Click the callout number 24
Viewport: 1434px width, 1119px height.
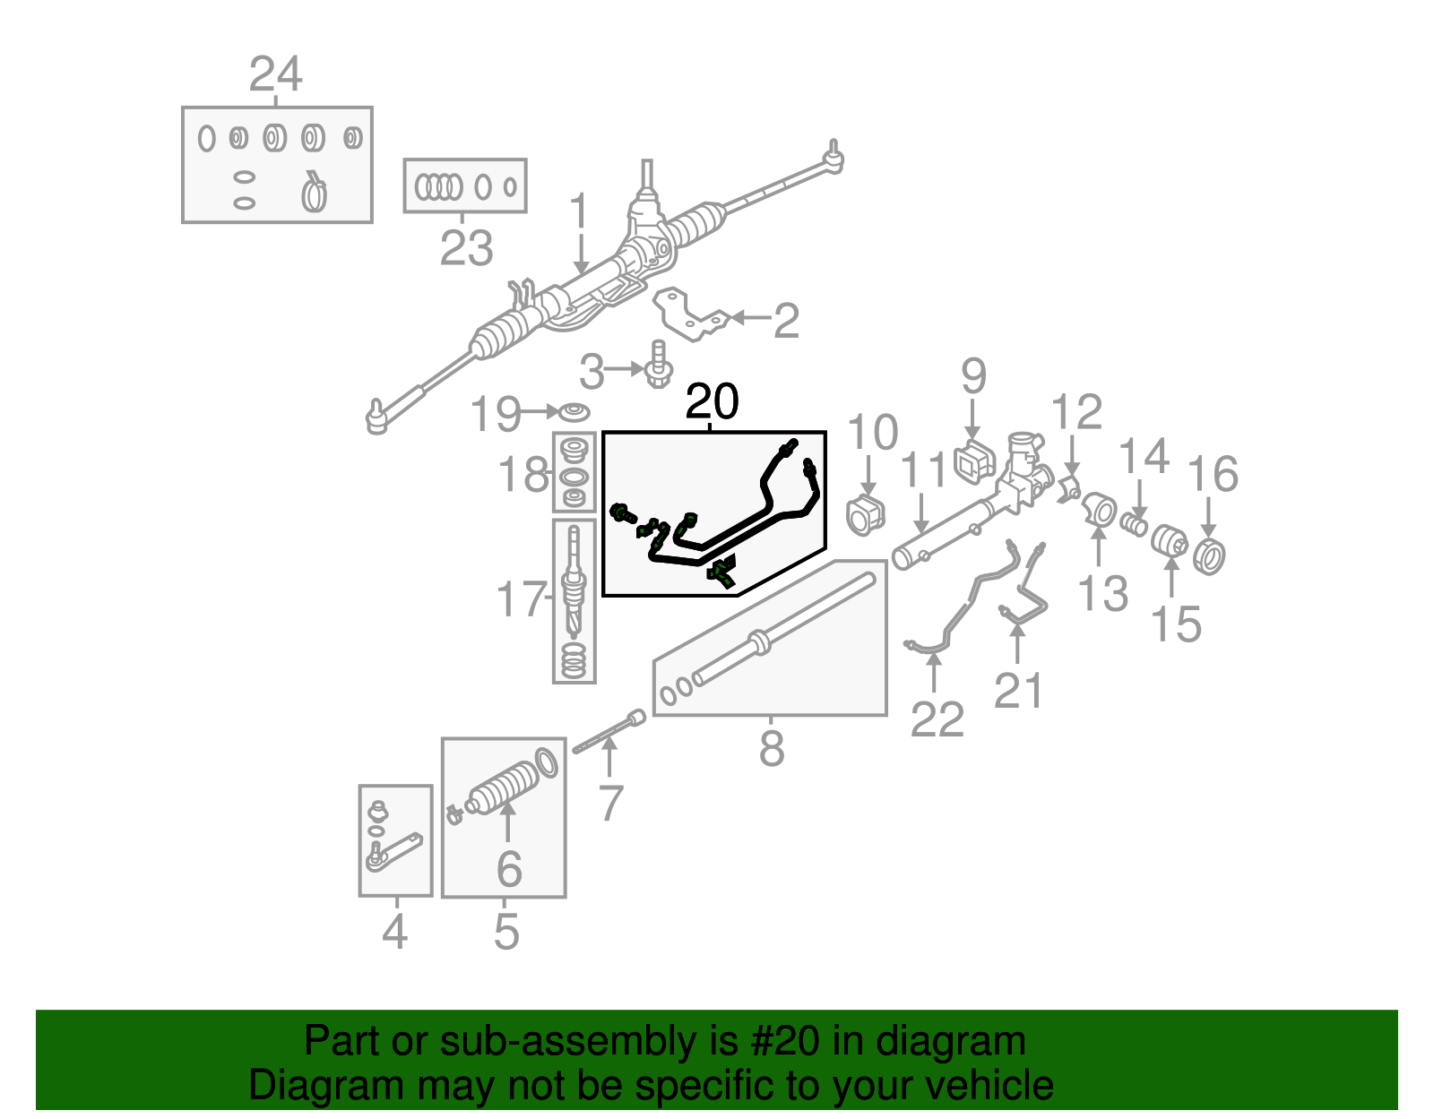(275, 74)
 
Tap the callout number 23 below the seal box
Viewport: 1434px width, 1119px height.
(466, 248)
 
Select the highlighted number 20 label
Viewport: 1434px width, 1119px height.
(712, 402)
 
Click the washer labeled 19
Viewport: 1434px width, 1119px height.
(573, 412)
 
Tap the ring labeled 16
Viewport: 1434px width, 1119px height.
(1210, 555)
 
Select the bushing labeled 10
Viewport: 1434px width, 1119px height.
(866, 514)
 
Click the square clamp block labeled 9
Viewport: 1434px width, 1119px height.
(974, 461)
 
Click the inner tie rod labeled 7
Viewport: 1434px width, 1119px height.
(609, 733)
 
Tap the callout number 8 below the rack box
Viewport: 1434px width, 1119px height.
(772, 748)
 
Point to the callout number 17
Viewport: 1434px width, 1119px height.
(520, 598)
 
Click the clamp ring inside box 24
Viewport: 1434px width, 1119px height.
(314, 193)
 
